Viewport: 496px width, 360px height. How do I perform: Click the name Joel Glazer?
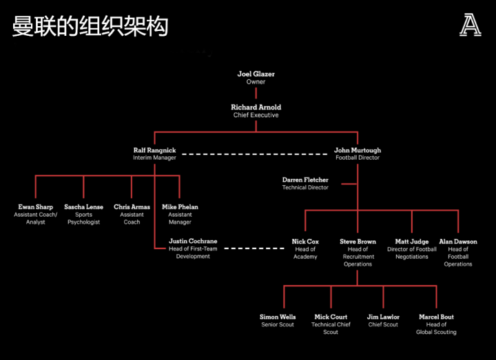point(256,74)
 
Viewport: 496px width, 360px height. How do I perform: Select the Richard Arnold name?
point(256,107)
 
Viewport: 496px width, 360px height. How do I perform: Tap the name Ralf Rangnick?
point(154,150)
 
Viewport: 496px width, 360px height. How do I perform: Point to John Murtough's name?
point(358,150)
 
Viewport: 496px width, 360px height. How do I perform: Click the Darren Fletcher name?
point(305,180)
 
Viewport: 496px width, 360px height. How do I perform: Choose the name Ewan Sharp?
point(35,207)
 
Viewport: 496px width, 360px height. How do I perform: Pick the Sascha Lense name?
point(83,207)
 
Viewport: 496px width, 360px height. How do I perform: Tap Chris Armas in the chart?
point(132,207)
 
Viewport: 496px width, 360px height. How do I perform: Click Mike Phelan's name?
point(180,207)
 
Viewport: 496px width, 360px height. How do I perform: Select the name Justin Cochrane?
point(193,242)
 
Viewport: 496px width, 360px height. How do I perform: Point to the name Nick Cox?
point(305,242)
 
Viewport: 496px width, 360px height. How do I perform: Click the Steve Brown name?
point(358,242)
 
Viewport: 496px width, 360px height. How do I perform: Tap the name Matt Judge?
point(412,242)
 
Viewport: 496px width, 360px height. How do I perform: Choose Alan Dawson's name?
point(458,242)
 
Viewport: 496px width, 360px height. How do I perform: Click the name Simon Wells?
point(278,317)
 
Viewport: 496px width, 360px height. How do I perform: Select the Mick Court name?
point(331,317)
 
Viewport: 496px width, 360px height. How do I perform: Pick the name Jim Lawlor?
point(383,317)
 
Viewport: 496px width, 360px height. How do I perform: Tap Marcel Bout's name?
point(436,317)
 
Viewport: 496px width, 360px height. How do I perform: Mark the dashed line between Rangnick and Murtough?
point(255,154)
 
